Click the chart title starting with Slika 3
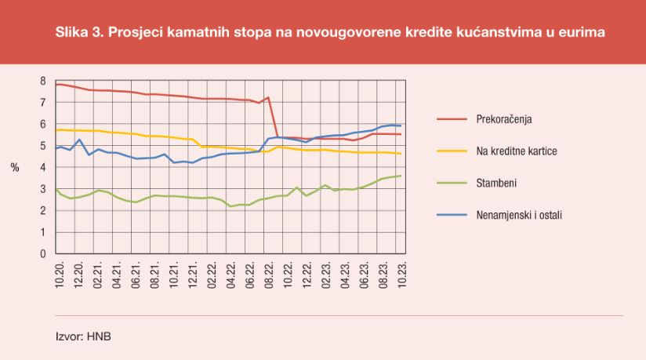click(330, 33)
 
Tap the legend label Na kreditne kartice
click(517, 151)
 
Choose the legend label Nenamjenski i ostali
click(519, 213)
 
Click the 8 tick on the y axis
click(45, 81)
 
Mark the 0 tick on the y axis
click(45, 254)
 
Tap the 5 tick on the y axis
click(45, 146)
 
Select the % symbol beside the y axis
click(15, 168)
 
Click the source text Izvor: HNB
click(83, 338)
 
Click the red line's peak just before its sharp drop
click(268, 98)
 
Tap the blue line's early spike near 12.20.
click(80, 140)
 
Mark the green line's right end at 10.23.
click(401, 176)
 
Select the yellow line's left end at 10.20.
click(56, 129)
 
